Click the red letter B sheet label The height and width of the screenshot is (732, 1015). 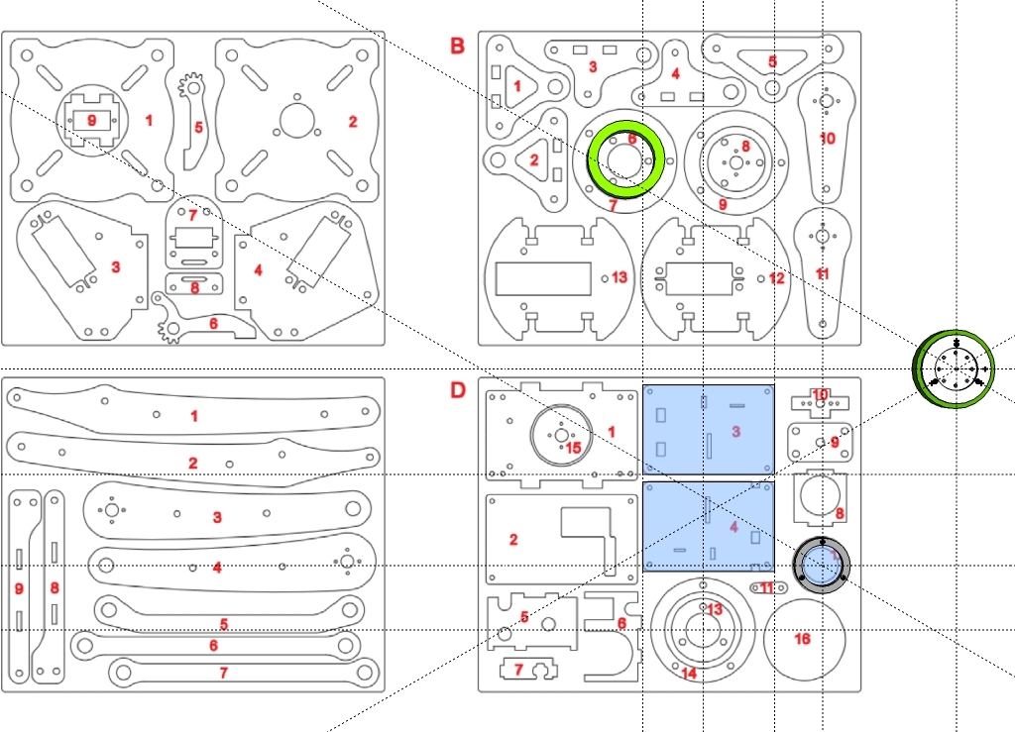pyautogui.click(x=457, y=46)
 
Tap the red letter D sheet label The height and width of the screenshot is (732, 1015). pyautogui.click(x=457, y=390)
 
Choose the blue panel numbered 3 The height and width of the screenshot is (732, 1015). pyautogui.click(x=708, y=430)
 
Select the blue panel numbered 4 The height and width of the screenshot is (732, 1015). pyautogui.click(x=708, y=526)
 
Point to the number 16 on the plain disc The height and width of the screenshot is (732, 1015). pyautogui.click(x=802, y=639)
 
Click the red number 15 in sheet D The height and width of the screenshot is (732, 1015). pyautogui.click(x=573, y=448)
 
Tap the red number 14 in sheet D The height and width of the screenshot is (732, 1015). pyautogui.click(x=688, y=674)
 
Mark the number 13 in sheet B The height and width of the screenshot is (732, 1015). pyautogui.click(x=620, y=277)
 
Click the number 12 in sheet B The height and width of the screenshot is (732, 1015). pyautogui.click(x=776, y=278)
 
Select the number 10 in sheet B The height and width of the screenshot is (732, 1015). pyautogui.click(x=828, y=138)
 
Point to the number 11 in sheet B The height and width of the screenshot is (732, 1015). pyautogui.click(x=822, y=273)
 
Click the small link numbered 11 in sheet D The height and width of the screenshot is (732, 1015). pyautogui.click(x=768, y=588)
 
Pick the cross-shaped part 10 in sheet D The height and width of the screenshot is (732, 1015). pyautogui.click(x=820, y=400)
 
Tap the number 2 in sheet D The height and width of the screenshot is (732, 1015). pyautogui.click(x=513, y=540)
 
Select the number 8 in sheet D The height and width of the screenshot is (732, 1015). pyautogui.click(x=839, y=514)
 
